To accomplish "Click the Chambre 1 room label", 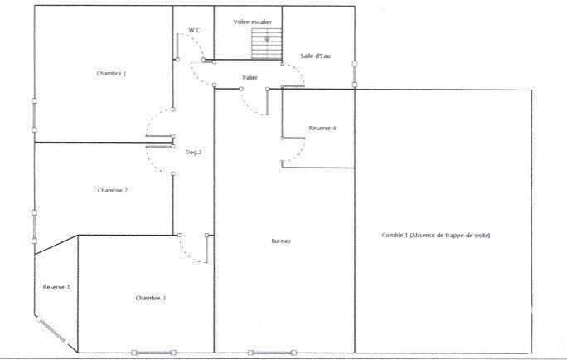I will click(x=112, y=74).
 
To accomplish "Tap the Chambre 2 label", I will click(x=112, y=190).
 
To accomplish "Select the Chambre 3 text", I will click(x=151, y=298).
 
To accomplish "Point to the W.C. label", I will click(x=195, y=30).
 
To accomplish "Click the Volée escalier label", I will click(x=253, y=22).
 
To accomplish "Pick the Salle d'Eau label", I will click(x=317, y=56).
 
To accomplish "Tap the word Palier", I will click(x=250, y=77).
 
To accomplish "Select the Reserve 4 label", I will click(x=322, y=129).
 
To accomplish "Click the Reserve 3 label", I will click(x=56, y=287).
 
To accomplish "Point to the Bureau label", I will click(x=281, y=241).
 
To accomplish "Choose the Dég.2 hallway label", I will click(x=193, y=152).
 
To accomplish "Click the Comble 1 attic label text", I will click(x=436, y=236).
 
